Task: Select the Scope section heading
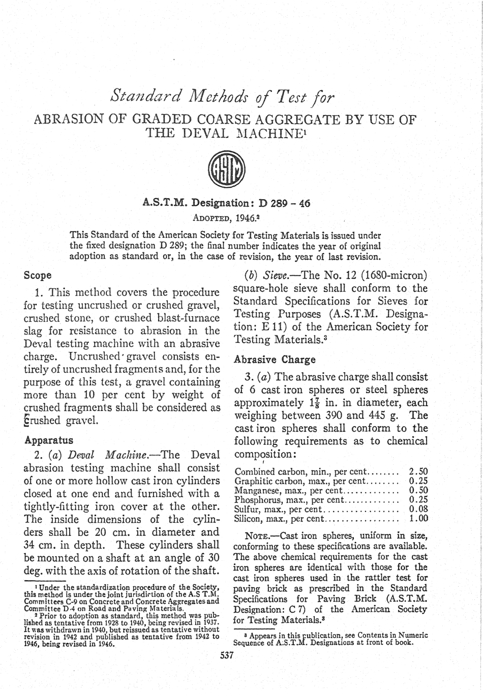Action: coord(38,276)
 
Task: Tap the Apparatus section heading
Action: coord(49,440)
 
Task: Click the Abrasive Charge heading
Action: coord(275,359)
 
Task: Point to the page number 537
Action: coord(227,655)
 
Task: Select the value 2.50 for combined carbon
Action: coord(418,471)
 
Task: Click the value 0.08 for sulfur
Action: coord(418,509)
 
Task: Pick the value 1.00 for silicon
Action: coord(418,519)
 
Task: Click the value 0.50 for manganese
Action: coord(418,491)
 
